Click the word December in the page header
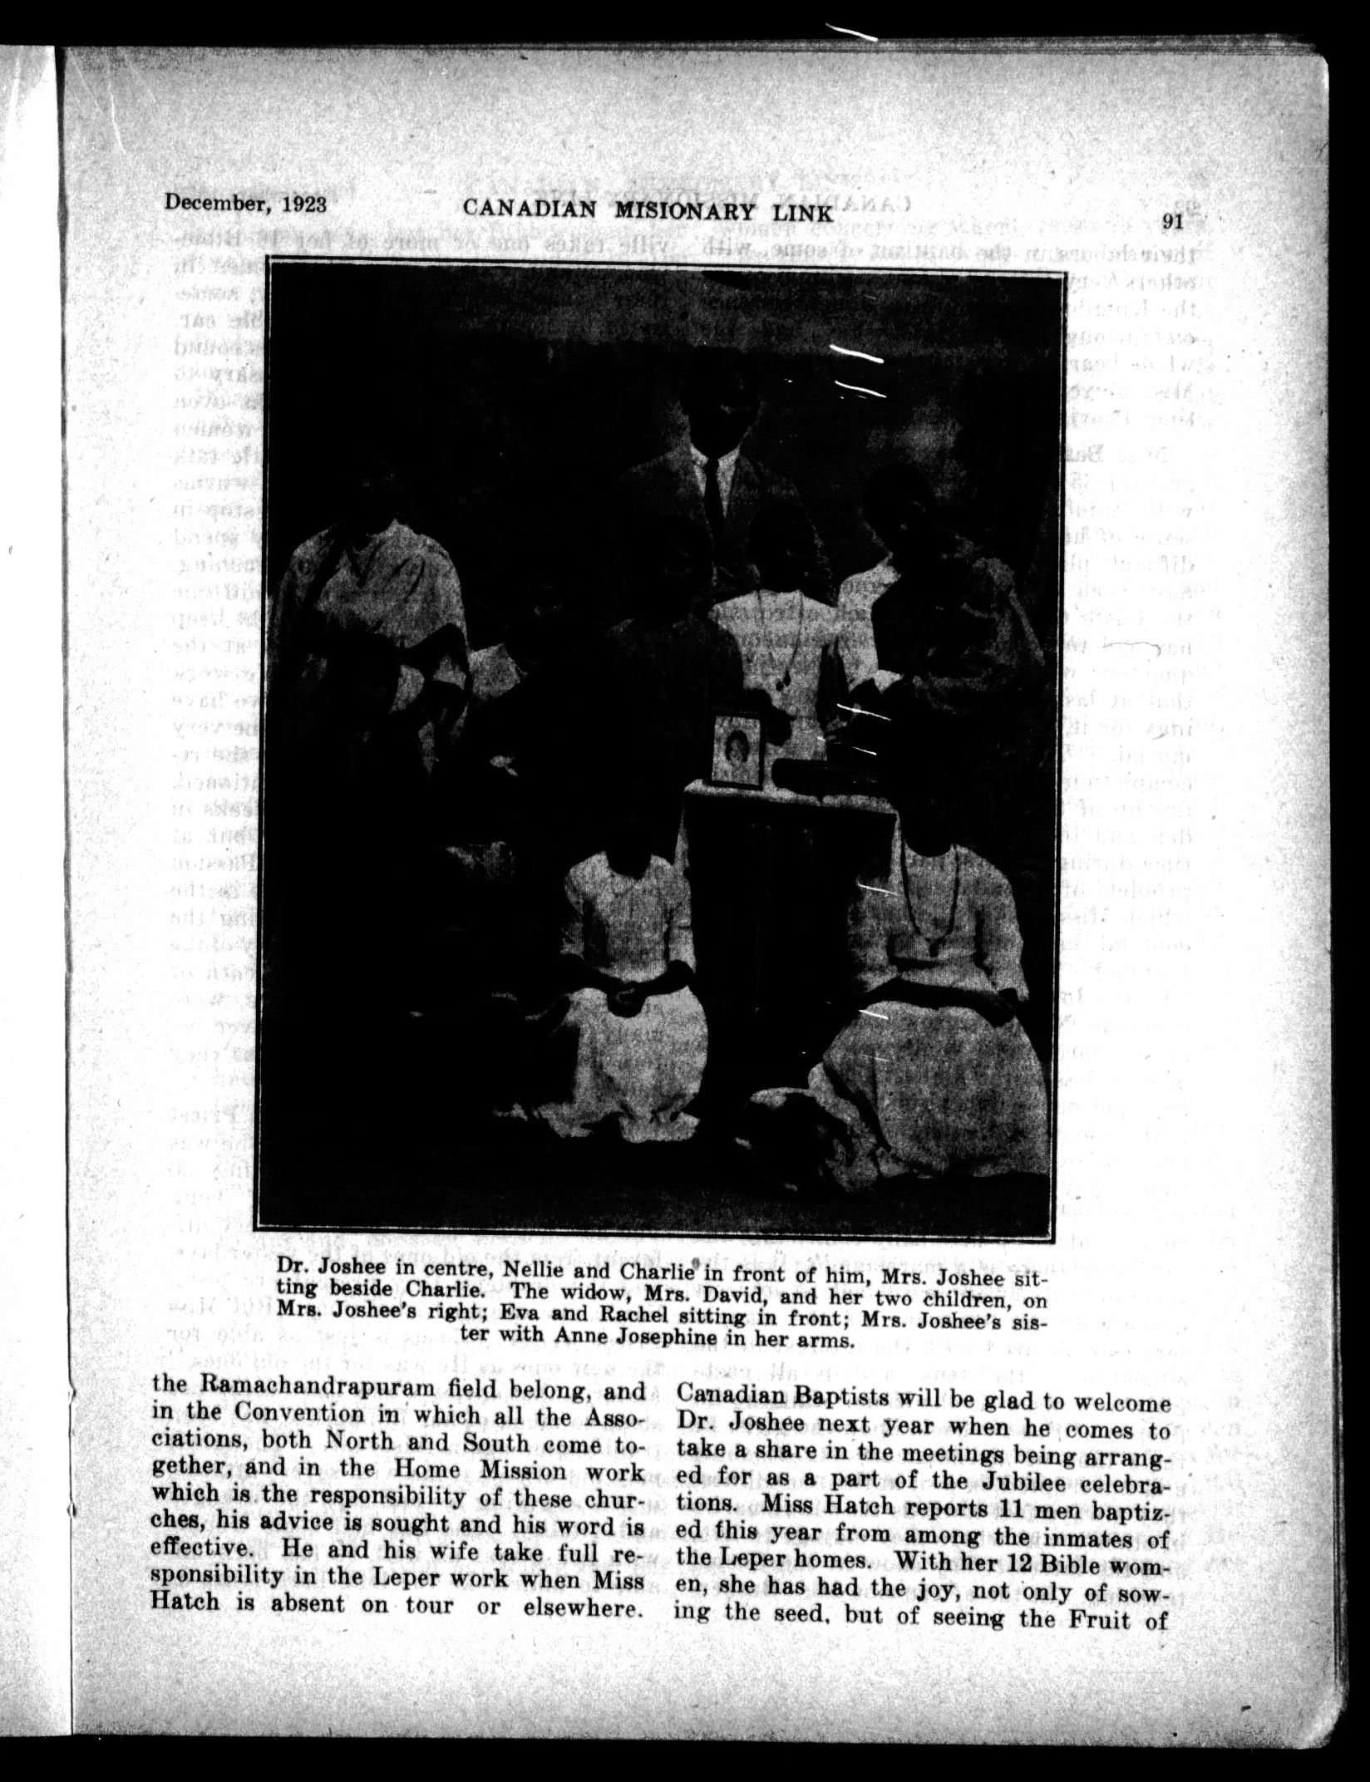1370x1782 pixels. [x=212, y=203]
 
